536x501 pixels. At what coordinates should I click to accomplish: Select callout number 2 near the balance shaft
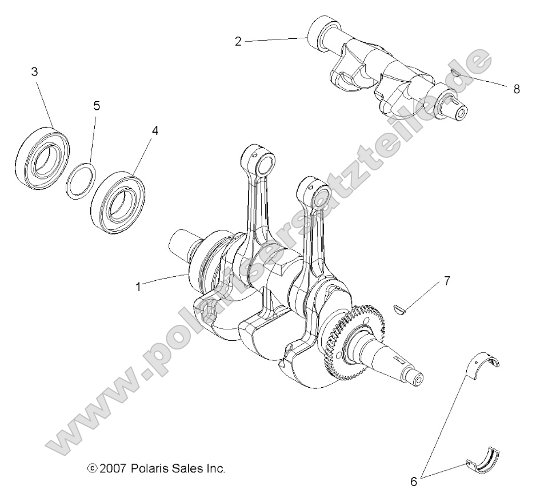click(x=238, y=41)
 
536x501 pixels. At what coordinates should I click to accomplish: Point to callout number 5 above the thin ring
click(x=96, y=106)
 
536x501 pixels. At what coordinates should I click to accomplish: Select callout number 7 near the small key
click(x=447, y=281)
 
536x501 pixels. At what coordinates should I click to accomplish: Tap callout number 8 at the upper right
click(x=517, y=89)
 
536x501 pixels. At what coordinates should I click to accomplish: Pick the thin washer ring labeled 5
click(x=79, y=179)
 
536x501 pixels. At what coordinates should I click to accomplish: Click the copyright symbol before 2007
click(x=92, y=468)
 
